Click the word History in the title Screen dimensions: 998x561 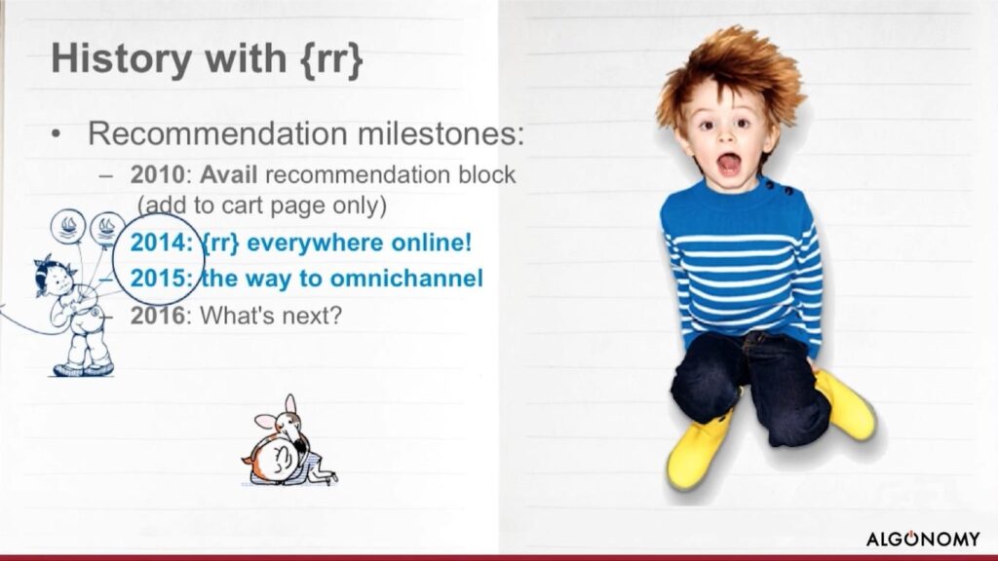coord(121,57)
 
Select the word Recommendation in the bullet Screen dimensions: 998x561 coord(217,133)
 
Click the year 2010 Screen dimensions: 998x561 coord(157,175)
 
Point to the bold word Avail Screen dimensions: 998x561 coord(228,175)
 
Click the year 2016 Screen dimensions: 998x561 coord(157,315)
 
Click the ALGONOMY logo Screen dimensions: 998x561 coord(923,539)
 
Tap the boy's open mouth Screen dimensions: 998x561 coord(729,164)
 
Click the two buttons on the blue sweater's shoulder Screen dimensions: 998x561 coord(779,188)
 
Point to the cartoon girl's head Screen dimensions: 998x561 coord(55,277)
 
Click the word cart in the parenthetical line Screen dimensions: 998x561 coord(243,206)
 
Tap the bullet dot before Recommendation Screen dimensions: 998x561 coord(58,134)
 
